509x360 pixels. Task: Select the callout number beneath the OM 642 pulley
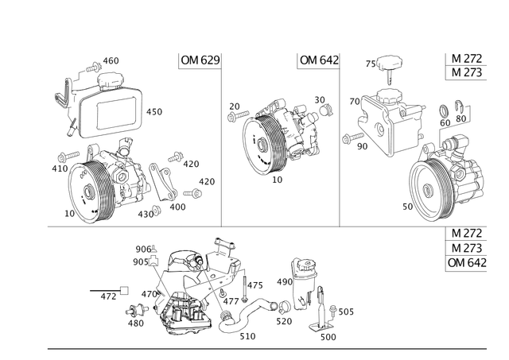pyautogui.click(x=278, y=181)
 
